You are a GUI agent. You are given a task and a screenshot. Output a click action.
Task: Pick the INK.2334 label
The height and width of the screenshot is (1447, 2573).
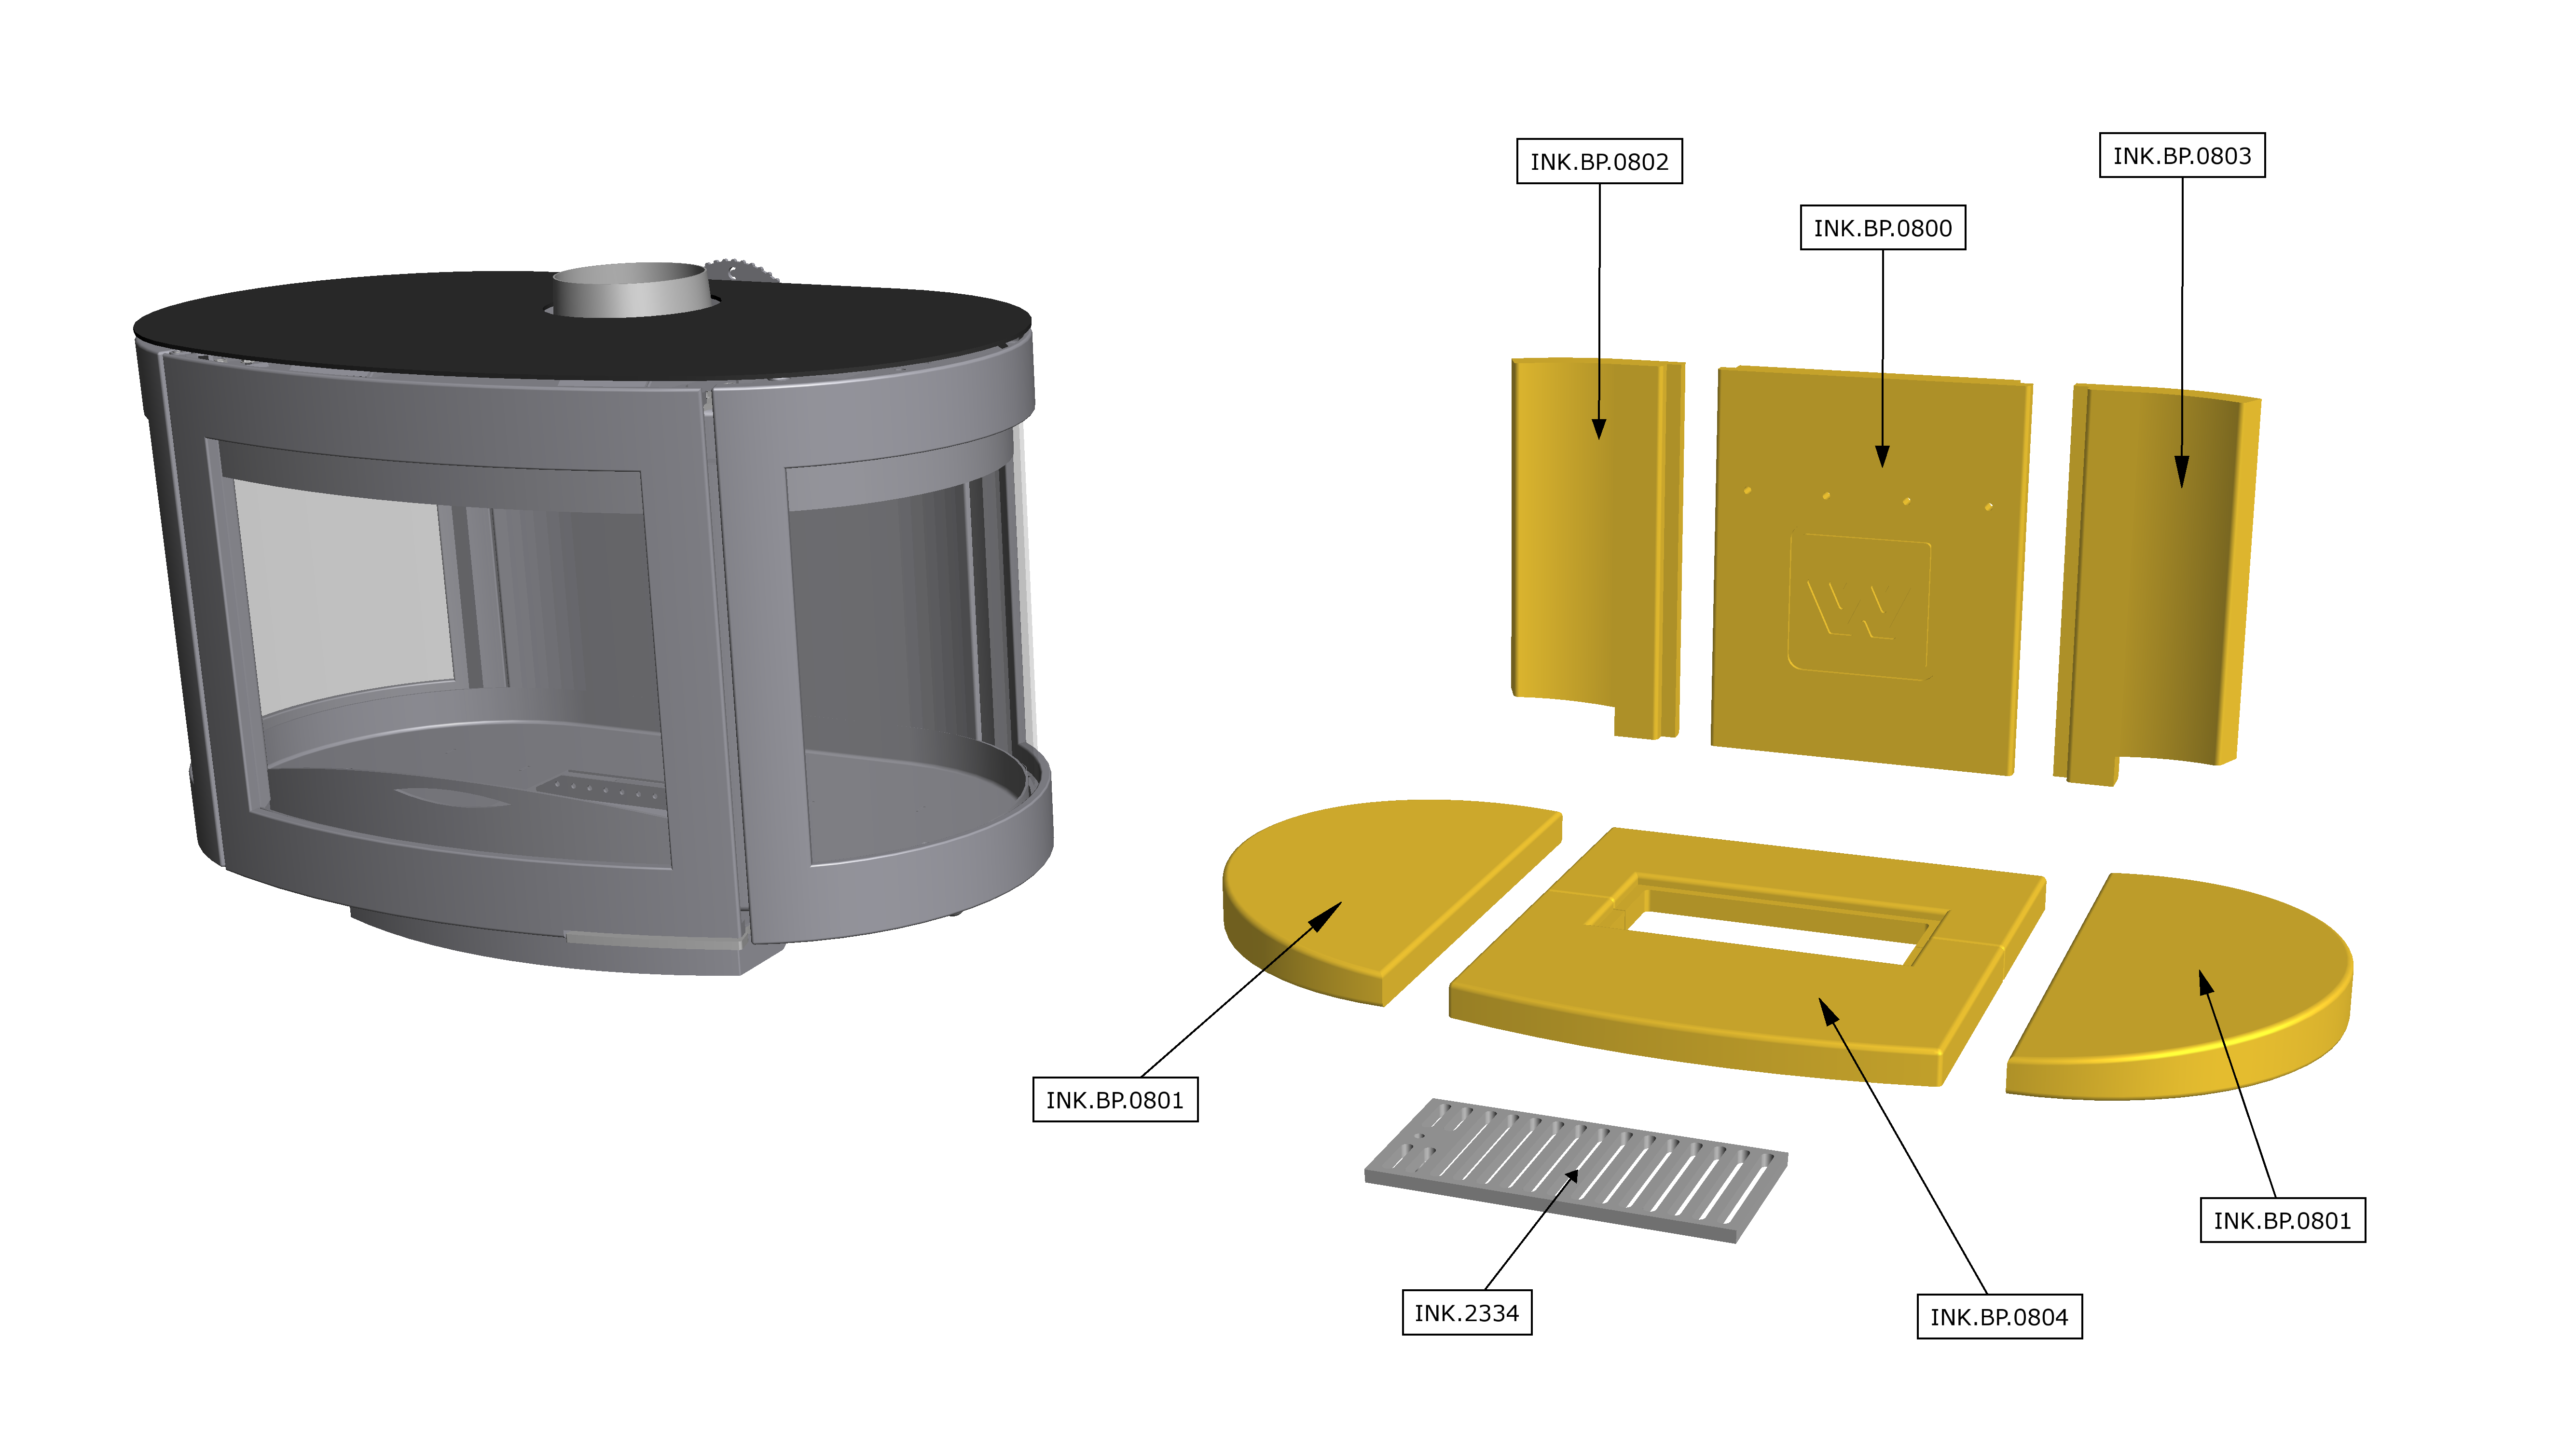point(1466,1312)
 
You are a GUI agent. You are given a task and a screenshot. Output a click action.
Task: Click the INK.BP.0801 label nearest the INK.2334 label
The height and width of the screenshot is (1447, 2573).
point(1115,1100)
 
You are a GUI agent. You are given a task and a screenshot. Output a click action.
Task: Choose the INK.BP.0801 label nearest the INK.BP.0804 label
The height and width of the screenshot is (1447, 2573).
point(2283,1220)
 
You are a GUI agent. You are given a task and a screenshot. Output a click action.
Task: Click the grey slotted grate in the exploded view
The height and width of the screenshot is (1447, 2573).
point(1576,1171)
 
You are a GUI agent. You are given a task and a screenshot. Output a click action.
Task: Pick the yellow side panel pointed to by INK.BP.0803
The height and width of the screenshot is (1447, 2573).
point(2158,584)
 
